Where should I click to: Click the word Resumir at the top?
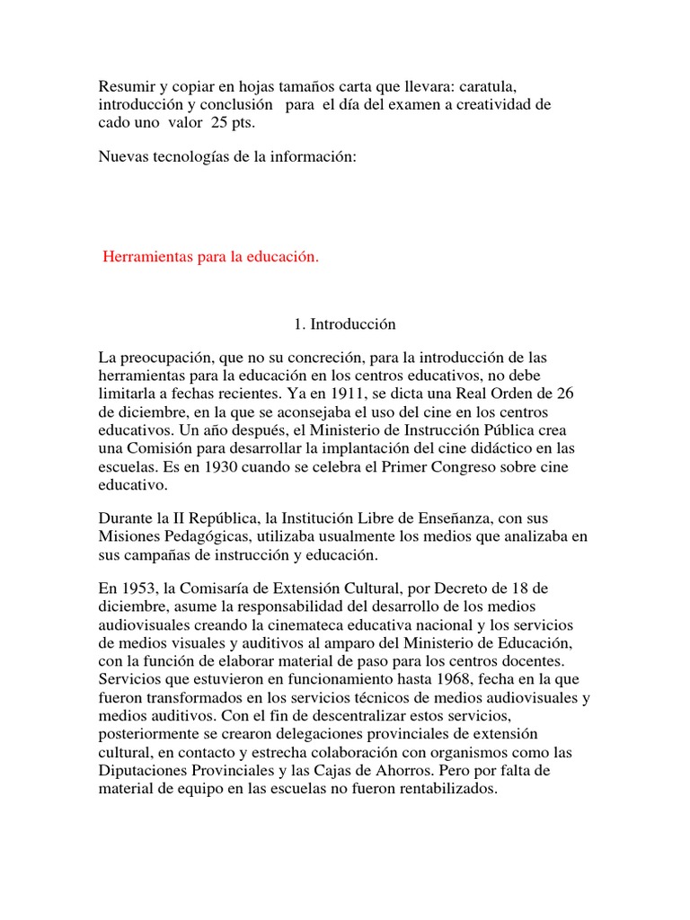click(126, 84)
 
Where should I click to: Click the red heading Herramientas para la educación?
click(211, 258)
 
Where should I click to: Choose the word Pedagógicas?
click(206, 537)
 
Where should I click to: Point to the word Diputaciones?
click(143, 771)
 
